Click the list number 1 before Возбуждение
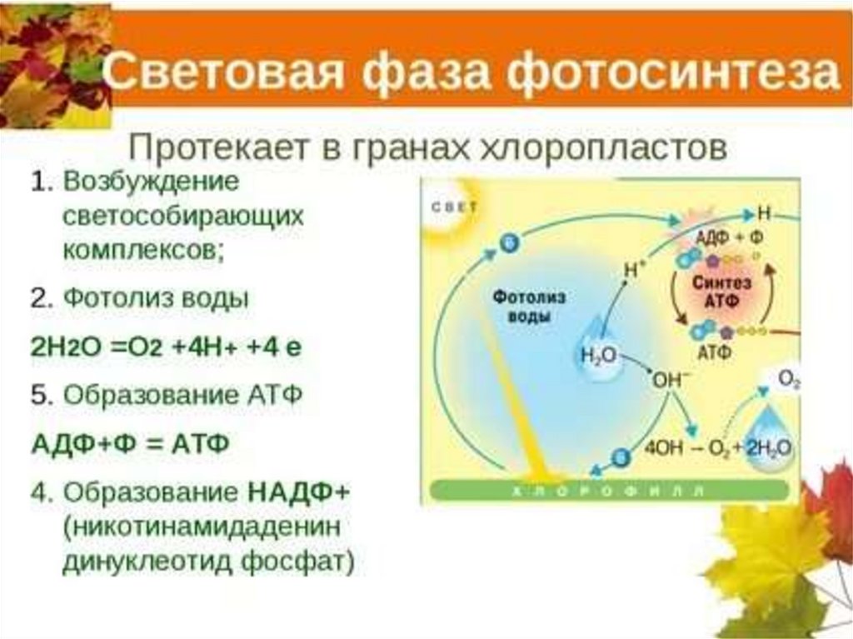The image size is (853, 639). tap(39, 182)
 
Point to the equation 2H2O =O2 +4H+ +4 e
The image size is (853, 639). tap(166, 347)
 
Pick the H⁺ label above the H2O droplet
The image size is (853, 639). tap(636, 268)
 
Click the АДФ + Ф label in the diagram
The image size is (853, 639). tap(729, 237)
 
